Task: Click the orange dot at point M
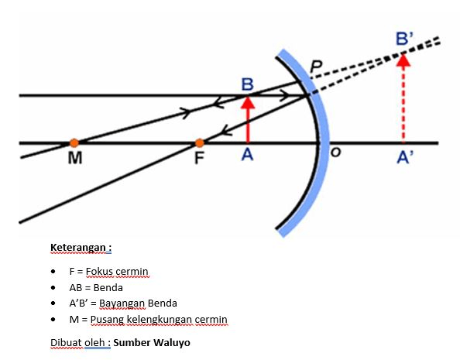[x=74, y=143]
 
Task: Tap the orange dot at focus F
[x=200, y=143]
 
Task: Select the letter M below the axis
[x=75, y=158]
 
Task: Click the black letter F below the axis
[x=199, y=158]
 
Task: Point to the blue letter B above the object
[x=247, y=84]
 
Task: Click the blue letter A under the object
[x=247, y=155]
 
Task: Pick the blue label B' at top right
[x=404, y=39]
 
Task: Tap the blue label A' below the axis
[x=404, y=157]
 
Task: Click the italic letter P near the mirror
[x=316, y=67]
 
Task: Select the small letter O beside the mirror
[x=336, y=152]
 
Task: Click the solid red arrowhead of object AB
[x=248, y=102]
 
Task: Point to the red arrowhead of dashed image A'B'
[x=403, y=60]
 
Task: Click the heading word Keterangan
[x=77, y=248]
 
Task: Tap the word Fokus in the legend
[x=99, y=272]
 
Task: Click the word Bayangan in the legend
[x=122, y=303]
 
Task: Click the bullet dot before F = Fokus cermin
[x=53, y=272]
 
